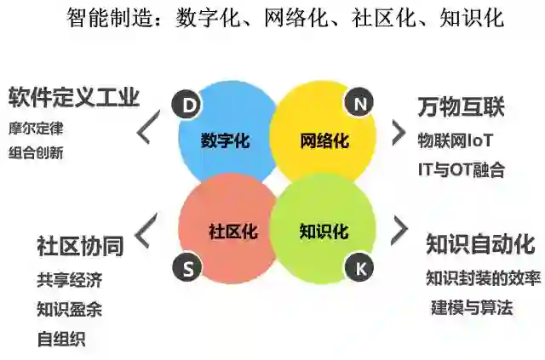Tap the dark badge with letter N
point(359,104)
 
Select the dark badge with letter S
point(187,267)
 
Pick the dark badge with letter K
point(359,267)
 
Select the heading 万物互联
point(461,107)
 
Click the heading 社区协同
point(80,246)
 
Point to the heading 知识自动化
point(480,244)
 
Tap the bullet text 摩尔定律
point(36,130)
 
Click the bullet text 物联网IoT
point(456,140)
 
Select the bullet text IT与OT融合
point(461,169)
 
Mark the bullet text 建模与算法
point(472,307)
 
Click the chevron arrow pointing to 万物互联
point(399,131)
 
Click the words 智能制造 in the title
point(99,18)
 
